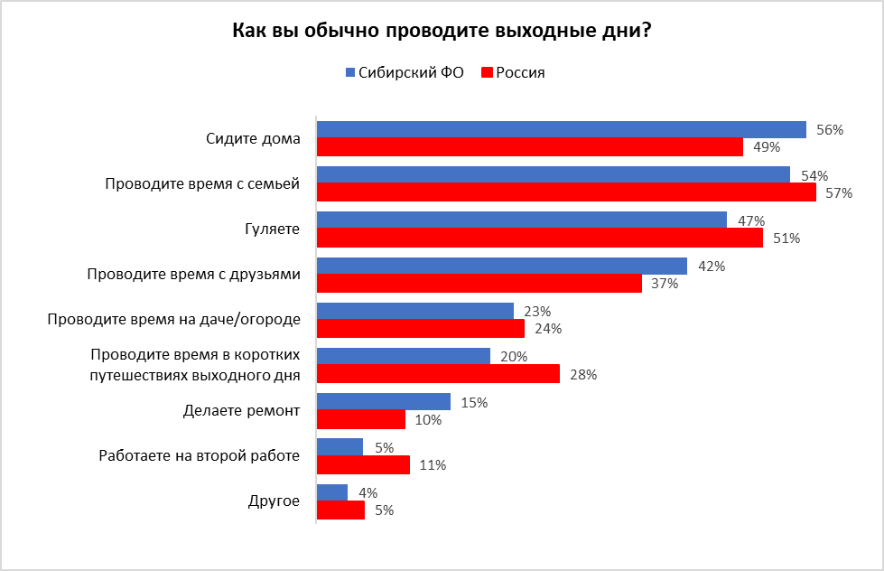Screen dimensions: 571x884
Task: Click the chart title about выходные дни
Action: point(442,30)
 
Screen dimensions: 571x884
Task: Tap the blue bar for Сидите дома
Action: point(560,130)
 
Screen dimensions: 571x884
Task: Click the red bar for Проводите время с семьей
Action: point(565,192)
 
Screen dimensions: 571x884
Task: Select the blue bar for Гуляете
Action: point(521,220)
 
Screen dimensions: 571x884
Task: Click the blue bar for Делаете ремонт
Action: point(383,402)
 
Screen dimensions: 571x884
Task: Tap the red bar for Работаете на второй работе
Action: point(363,464)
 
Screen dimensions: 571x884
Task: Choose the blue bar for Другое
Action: point(331,492)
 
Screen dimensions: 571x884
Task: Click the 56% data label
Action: point(829,130)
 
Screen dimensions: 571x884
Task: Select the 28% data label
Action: point(582,374)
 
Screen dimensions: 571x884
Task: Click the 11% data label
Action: point(433,465)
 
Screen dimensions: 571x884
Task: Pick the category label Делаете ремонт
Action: point(241,411)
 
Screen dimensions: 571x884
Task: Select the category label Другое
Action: point(274,501)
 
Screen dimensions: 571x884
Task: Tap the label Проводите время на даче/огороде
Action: point(173,319)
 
